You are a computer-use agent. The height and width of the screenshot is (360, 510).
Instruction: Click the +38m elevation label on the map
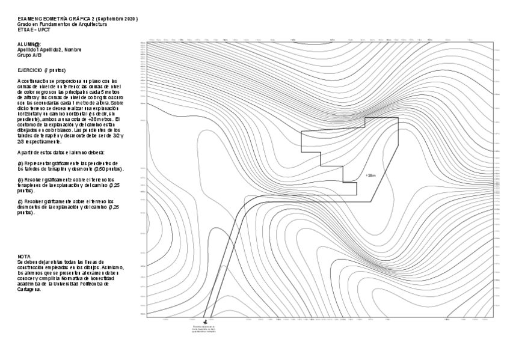[x=370, y=175]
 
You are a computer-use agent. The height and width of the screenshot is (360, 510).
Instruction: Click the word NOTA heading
[x=24, y=256]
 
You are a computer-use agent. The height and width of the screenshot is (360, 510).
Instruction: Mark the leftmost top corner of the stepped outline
[x=301, y=131]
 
